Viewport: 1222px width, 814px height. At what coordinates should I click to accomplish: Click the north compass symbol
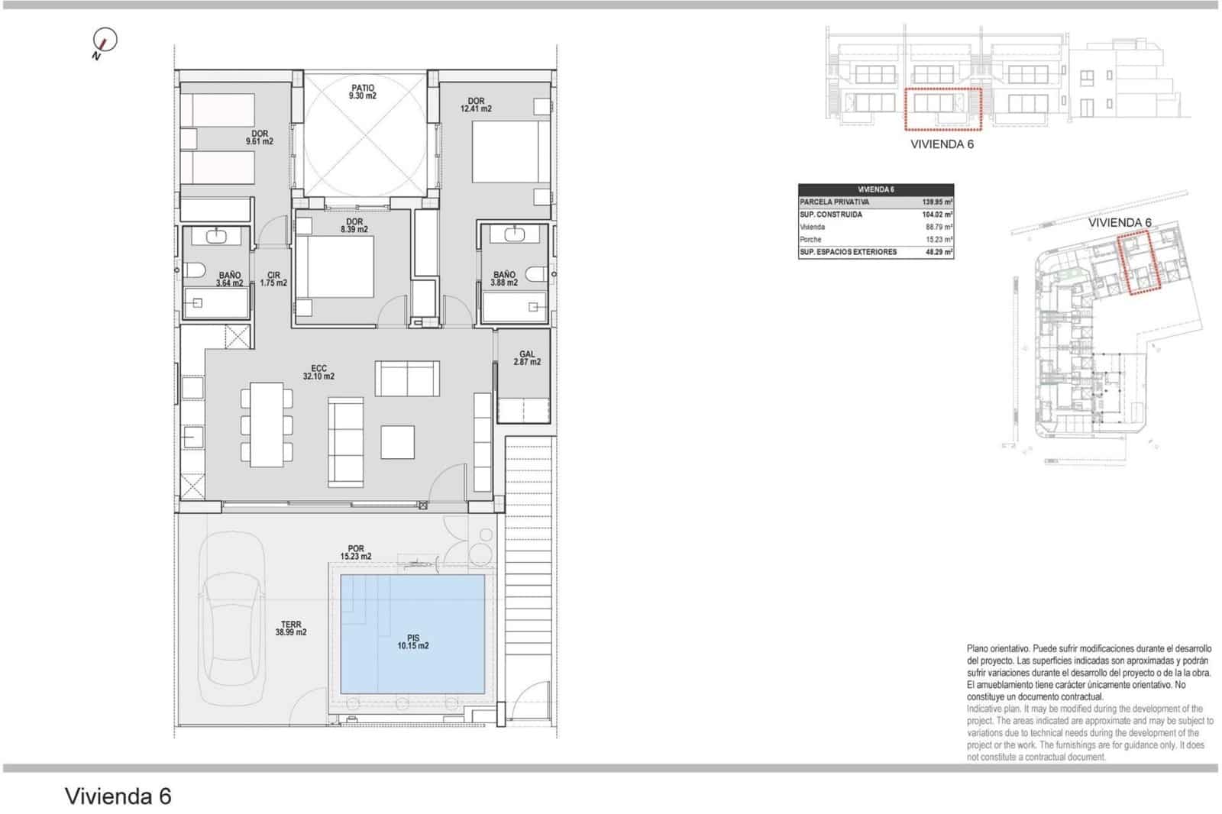pos(104,42)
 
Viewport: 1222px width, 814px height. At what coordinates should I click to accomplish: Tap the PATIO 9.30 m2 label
pos(363,92)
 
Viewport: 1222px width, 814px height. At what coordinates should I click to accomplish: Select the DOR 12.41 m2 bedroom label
pos(476,105)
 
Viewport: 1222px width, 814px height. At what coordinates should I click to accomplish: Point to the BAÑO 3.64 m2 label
pos(229,279)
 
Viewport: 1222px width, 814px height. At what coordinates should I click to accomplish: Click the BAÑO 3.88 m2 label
pos(504,279)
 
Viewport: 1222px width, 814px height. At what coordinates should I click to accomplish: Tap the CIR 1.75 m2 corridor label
pos(273,279)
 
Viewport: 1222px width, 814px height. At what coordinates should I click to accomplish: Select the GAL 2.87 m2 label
pos(526,357)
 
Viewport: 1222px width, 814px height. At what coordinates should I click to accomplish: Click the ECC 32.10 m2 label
pos(318,373)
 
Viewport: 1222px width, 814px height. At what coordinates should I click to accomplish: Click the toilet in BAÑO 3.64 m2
pos(192,270)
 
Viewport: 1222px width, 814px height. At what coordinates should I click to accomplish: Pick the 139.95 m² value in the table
pos(936,202)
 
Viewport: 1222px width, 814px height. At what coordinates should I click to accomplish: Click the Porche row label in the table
pos(810,240)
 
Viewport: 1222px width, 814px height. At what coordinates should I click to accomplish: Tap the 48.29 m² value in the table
pos(936,252)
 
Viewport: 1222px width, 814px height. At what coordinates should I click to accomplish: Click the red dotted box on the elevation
pos(942,108)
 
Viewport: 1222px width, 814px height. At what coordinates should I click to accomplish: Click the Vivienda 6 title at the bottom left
pos(118,796)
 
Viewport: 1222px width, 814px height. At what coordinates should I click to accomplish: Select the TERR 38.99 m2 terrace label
pos(290,628)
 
